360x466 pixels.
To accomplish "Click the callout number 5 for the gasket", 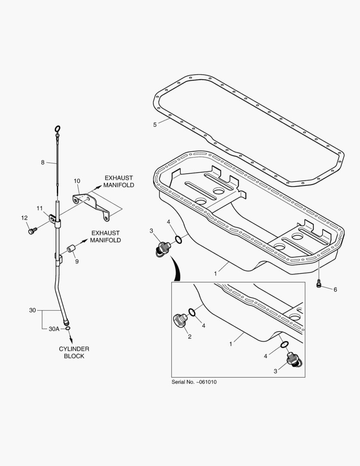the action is [155, 125].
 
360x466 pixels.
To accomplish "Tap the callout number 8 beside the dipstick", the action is [43, 162].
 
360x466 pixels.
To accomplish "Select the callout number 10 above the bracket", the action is [77, 181].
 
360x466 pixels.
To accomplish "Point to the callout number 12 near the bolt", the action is [24, 218].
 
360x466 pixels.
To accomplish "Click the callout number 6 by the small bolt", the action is [335, 290].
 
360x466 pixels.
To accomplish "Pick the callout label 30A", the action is [54, 329].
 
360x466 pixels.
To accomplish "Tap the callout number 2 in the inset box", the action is [189, 337].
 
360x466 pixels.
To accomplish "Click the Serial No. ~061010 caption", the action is [194, 382].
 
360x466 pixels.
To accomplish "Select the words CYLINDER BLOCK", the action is [74, 352].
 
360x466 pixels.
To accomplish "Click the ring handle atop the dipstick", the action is [57, 128].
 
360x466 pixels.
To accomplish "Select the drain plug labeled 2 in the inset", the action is [180, 320].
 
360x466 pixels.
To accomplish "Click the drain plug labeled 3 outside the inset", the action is [163, 249].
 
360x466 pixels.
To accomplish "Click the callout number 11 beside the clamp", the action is [40, 208].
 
